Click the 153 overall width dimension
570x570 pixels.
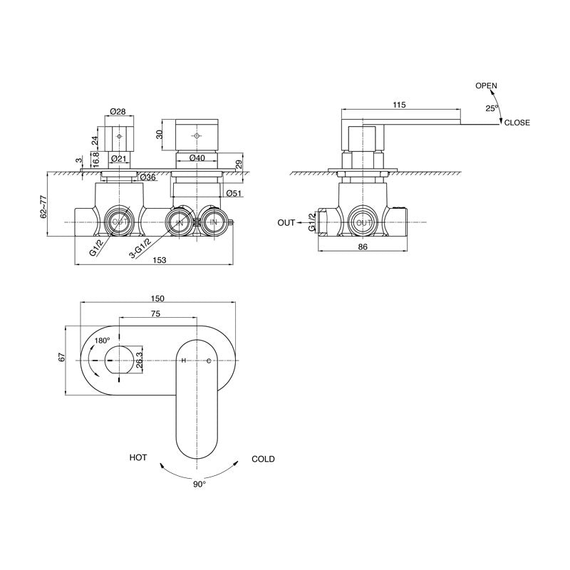[x=159, y=261]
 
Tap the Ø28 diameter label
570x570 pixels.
[x=118, y=112]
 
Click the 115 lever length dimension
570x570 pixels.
[x=399, y=105]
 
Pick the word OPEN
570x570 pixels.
[x=486, y=85]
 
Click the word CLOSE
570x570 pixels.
[x=517, y=123]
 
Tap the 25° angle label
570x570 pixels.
[x=492, y=108]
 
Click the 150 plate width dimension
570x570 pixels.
[x=158, y=299]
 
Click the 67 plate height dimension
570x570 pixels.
[x=62, y=358]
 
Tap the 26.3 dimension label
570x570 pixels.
[x=139, y=360]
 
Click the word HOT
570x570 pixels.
[x=138, y=458]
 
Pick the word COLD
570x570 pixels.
[x=263, y=460]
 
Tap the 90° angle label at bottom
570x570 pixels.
[x=199, y=483]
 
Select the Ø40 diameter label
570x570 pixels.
[x=197, y=157]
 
